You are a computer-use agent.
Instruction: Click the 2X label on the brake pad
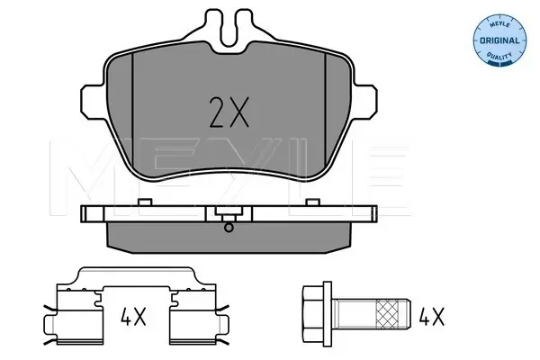coord(229,112)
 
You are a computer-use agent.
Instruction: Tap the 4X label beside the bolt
coord(431,317)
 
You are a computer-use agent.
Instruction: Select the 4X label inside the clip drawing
coord(133,317)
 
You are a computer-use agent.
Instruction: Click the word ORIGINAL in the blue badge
coord(499,40)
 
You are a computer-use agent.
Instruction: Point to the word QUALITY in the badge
coord(499,55)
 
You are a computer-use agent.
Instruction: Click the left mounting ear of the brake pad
coord(93,103)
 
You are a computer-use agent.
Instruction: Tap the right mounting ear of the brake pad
coord(365,103)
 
